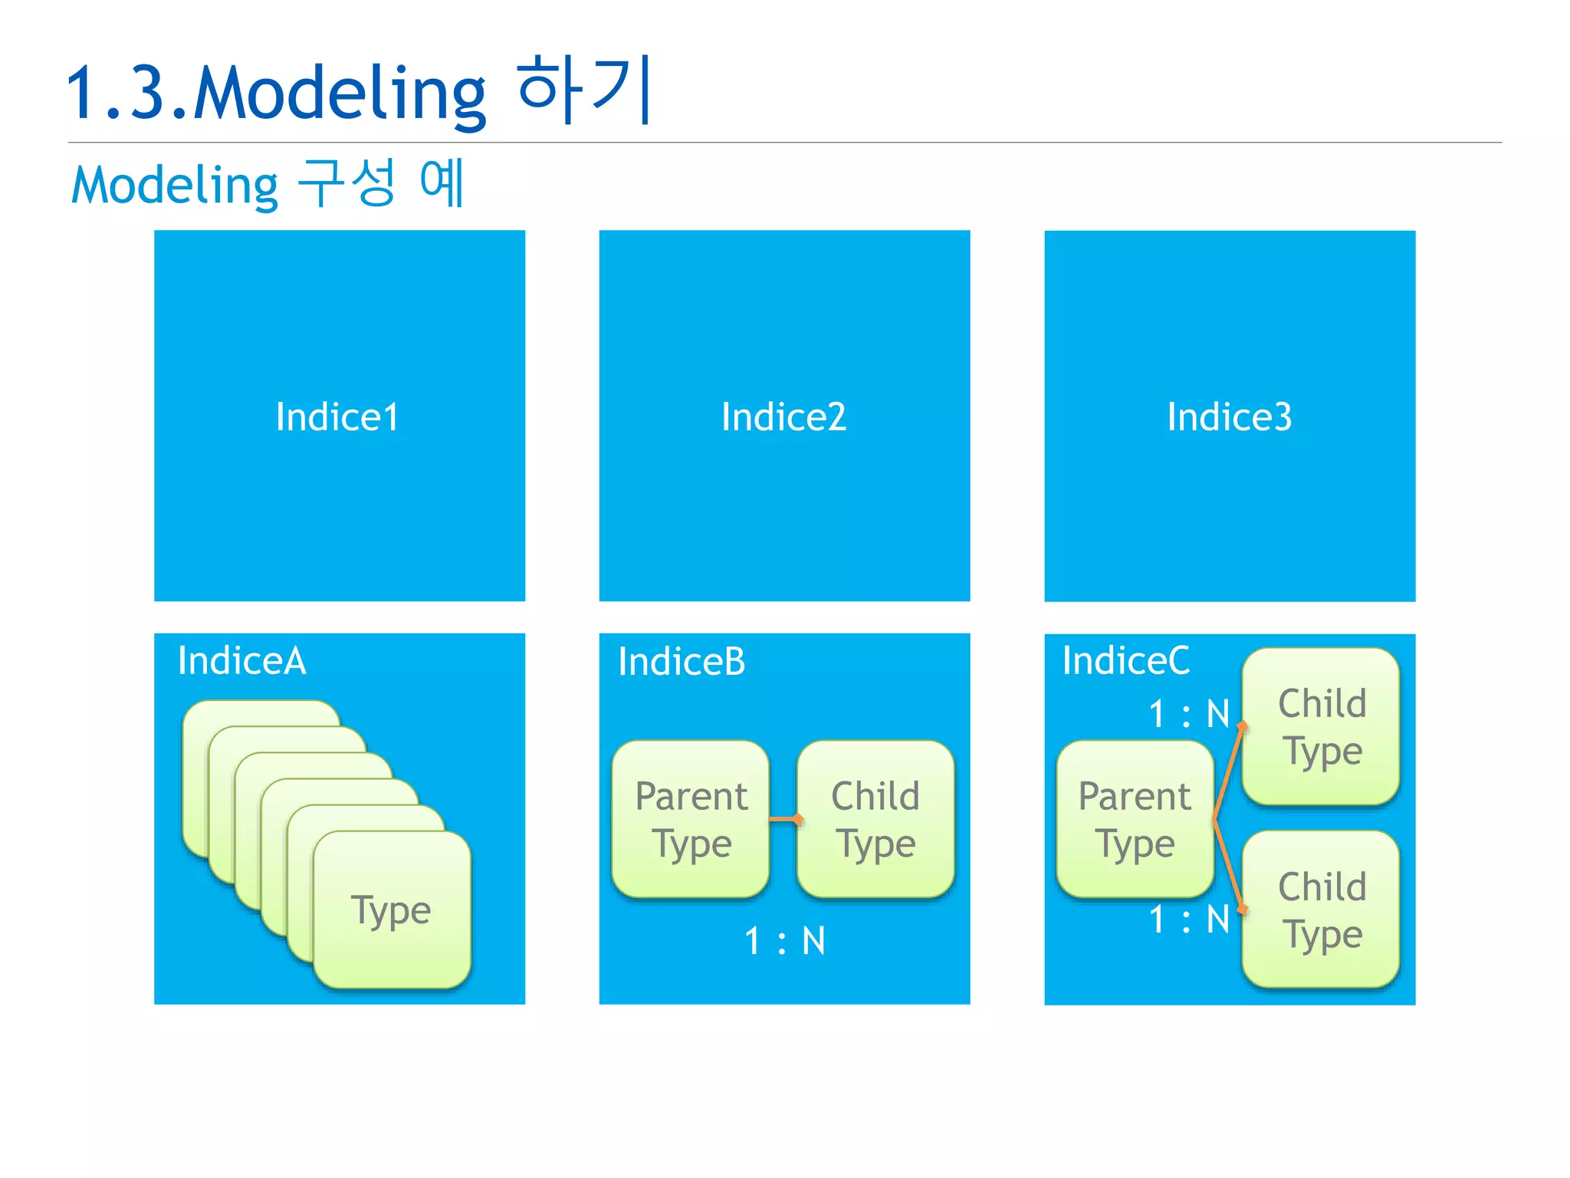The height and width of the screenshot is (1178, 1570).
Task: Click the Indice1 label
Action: pyautogui.click(x=337, y=417)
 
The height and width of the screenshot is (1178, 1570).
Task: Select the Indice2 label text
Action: pyautogui.click(x=783, y=417)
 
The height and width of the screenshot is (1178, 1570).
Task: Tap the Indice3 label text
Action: pyautogui.click(x=1229, y=417)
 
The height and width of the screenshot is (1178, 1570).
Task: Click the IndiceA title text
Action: pyautogui.click(x=241, y=660)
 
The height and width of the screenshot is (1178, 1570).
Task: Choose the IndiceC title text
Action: pyautogui.click(x=1125, y=660)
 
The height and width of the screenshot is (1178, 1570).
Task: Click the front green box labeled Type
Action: pyautogui.click(x=392, y=910)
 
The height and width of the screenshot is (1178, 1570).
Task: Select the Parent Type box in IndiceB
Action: pyautogui.click(x=691, y=819)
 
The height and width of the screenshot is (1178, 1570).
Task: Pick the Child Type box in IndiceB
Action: pyautogui.click(x=875, y=819)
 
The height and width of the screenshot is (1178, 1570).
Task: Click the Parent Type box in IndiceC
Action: pyautogui.click(x=1135, y=819)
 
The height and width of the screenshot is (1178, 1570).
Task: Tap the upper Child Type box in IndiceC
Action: pyautogui.click(x=1321, y=726)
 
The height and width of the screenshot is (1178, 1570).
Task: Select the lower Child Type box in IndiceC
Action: pyautogui.click(x=1321, y=910)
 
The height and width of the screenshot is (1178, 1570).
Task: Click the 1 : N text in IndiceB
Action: pyautogui.click(x=784, y=940)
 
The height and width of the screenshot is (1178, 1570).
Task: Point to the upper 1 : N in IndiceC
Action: pyautogui.click(x=1188, y=714)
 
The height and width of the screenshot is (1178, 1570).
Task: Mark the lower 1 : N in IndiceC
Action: pyautogui.click(x=1188, y=919)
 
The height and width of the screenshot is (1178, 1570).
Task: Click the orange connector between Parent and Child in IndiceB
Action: pyautogui.click(x=783, y=819)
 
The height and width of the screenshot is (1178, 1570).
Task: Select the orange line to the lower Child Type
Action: pyautogui.click(x=1229, y=867)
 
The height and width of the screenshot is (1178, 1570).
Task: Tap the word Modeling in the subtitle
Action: pyautogui.click(x=175, y=186)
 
